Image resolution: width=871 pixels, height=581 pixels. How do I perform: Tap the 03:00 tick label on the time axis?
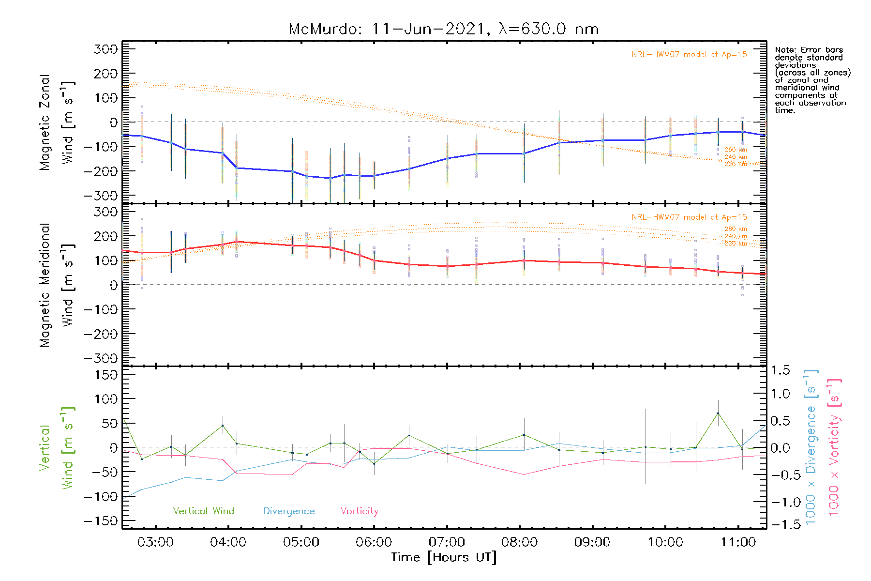coord(155,542)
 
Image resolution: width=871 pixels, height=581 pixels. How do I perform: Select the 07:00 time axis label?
coord(447,542)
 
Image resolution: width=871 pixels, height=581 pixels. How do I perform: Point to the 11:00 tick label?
coord(738,542)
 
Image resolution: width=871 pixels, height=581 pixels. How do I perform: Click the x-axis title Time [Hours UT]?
coord(444,558)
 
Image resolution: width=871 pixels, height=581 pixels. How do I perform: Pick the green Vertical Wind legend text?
coord(203,511)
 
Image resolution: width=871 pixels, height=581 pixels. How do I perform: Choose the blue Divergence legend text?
coord(289,511)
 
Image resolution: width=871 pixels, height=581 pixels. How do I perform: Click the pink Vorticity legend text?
coord(359,511)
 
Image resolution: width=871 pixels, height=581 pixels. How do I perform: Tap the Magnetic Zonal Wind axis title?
coord(57,122)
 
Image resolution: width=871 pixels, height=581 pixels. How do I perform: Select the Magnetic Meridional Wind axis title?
coord(57,285)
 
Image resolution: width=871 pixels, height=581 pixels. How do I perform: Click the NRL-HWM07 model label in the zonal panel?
coord(689,55)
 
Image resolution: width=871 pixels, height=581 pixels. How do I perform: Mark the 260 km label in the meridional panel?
coord(736,229)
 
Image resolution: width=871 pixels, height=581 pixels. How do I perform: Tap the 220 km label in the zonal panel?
coord(736,164)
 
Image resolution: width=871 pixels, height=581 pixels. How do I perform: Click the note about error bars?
coord(812,80)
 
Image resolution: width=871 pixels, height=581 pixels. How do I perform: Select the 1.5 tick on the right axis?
coord(780,371)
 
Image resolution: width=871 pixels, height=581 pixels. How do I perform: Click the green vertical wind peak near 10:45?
coord(718,413)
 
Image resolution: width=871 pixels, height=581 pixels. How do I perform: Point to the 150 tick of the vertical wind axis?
coord(106,375)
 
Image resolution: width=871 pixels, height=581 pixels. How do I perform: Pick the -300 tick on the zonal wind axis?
coord(101,196)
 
